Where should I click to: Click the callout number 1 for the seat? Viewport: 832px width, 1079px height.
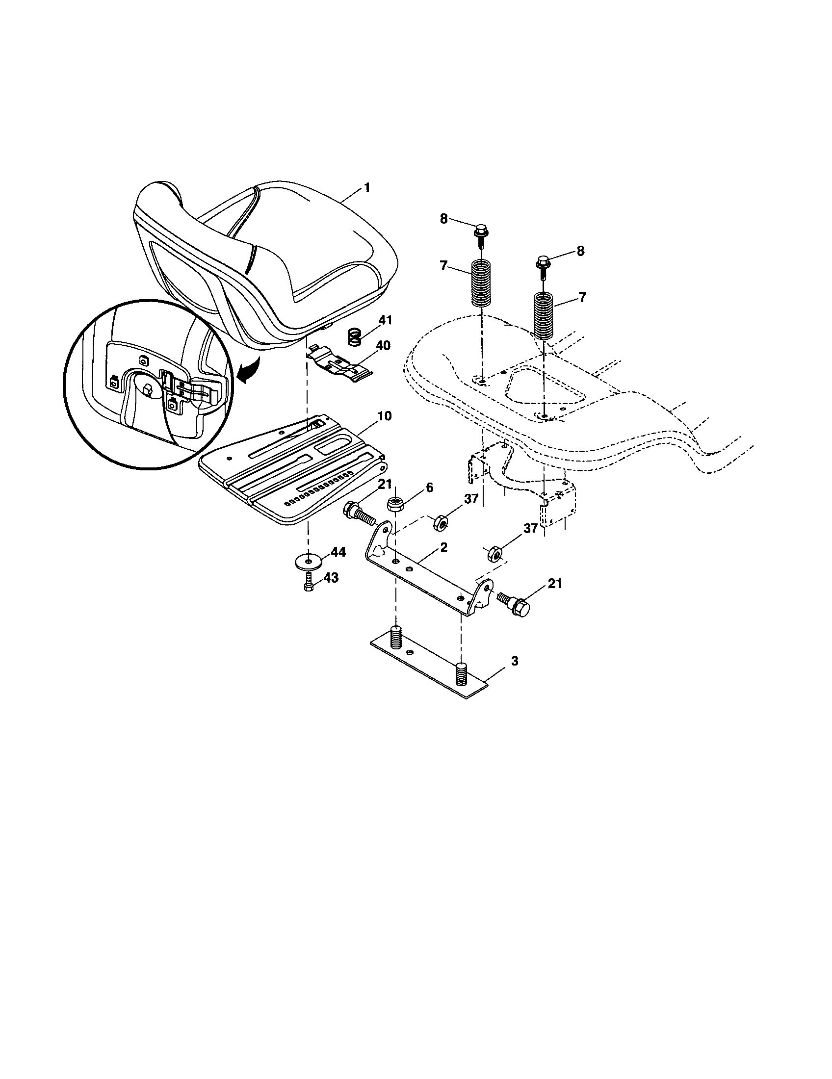pos(366,188)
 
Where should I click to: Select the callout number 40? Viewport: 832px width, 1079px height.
pos(383,345)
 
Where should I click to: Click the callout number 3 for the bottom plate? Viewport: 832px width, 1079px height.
pos(514,661)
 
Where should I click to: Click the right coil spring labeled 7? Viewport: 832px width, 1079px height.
pos(544,316)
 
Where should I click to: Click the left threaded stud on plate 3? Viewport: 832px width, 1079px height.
pos(396,637)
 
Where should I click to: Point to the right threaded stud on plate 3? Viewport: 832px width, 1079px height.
pos(461,672)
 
